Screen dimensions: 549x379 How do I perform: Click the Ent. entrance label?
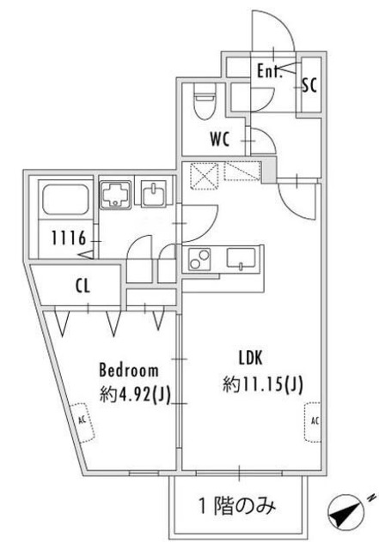(270, 72)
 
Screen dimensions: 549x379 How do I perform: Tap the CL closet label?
(83, 287)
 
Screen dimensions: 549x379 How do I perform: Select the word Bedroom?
(129, 371)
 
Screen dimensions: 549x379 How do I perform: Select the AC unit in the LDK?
(314, 420)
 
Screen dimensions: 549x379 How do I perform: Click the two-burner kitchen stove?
(199, 257)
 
